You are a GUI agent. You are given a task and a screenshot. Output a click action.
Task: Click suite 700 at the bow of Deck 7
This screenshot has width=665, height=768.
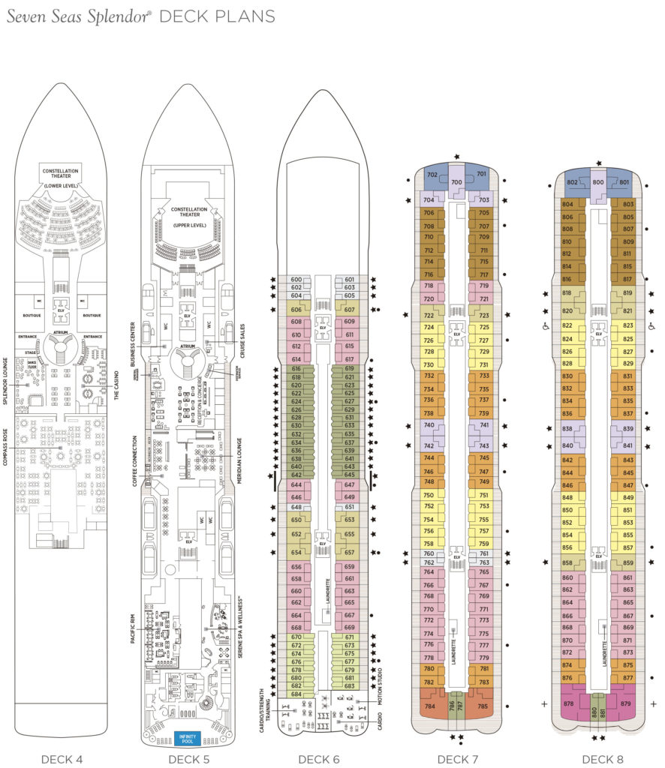(456, 181)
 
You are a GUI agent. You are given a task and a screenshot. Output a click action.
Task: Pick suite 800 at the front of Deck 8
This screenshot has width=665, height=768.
(598, 182)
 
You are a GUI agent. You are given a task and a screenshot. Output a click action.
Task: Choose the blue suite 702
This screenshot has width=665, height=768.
(432, 175)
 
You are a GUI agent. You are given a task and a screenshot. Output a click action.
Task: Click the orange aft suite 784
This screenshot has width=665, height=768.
(430, 706)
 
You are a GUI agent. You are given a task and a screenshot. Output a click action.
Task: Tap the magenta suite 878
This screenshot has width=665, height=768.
(569, 703)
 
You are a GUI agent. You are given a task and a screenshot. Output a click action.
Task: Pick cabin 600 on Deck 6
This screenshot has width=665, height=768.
(296, 280)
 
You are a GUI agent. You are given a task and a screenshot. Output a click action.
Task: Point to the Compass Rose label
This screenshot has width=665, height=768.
(7, 446)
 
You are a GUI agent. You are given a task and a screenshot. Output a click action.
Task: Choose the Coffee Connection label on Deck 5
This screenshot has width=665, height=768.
(134, 460)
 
